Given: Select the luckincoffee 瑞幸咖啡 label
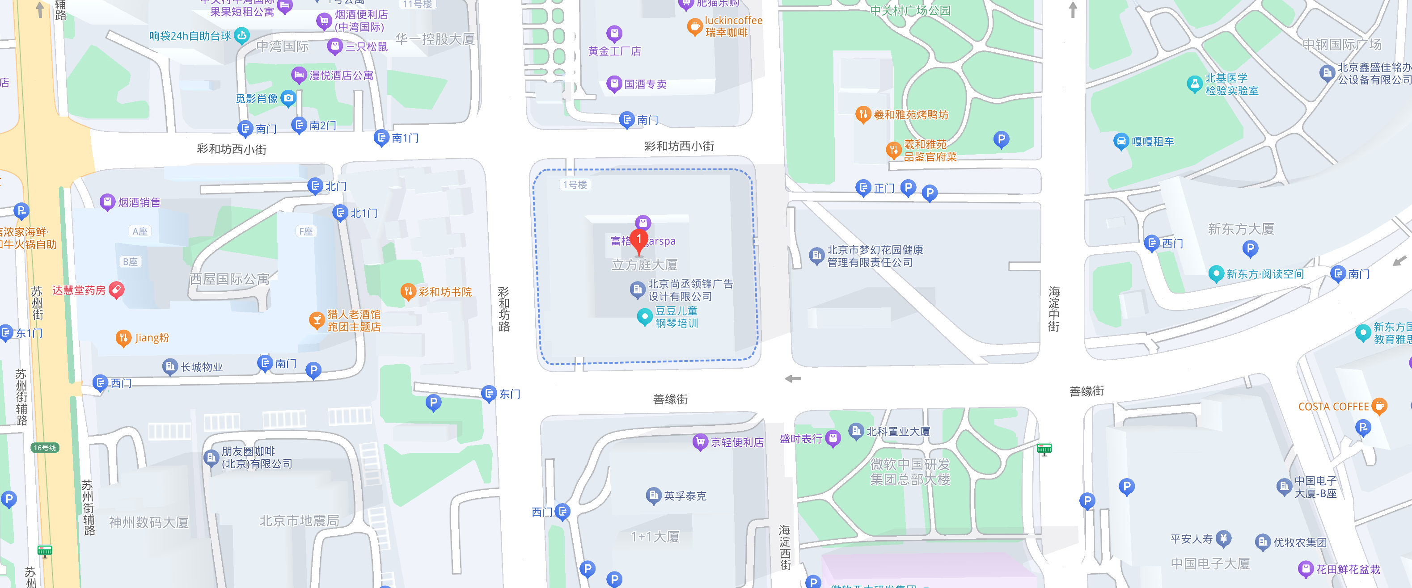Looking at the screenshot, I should point(733,26).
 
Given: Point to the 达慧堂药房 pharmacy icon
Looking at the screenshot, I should point(116,290).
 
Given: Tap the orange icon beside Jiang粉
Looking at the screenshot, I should point(123,338).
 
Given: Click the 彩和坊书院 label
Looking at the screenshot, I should point(444,292).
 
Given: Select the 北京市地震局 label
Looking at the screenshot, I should point(299,521).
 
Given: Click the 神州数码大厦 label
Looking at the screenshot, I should point(148,522).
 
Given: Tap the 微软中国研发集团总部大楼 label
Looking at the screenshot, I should point(910,471).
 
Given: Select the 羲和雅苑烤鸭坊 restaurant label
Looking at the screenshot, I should point(910,114).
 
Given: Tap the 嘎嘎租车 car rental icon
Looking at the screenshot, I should point(1121,141).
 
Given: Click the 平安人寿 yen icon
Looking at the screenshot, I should point(1223,539).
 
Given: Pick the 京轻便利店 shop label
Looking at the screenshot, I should point(737,442).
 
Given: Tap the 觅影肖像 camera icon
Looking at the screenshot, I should point(288,98).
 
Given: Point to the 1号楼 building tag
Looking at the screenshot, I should point(575,185).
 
